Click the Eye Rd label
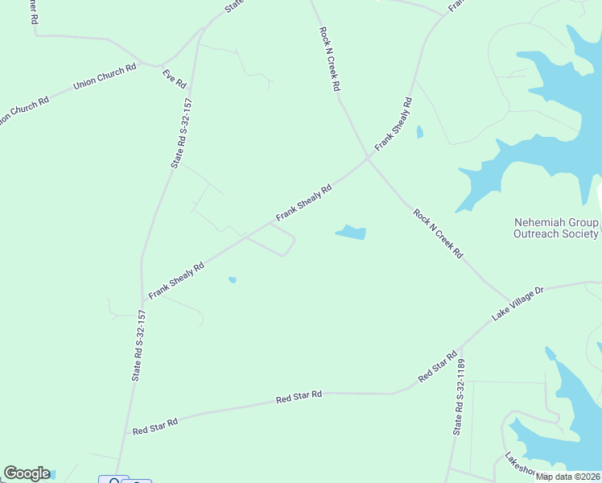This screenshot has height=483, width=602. [175, 79]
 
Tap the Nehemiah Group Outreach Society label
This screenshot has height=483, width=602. [556, 228]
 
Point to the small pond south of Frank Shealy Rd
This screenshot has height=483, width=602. [233, 280]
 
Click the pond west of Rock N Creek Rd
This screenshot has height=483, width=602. [351, 233]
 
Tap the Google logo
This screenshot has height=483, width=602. [27, 473]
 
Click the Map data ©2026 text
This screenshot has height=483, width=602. [567, 477]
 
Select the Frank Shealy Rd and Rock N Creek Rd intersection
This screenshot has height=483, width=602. [369, 158]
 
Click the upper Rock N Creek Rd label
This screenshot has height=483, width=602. [328, 58]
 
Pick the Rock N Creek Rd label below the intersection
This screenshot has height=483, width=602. [439, 233]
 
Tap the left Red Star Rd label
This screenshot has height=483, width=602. [155, 426]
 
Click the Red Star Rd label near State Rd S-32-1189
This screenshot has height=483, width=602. [438, 366]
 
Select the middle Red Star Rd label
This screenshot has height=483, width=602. [299, 397]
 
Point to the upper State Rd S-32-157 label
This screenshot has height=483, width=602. [180, 133]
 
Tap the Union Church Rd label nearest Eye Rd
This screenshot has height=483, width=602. [105, 77]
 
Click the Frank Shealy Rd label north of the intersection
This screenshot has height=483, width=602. [394, 122]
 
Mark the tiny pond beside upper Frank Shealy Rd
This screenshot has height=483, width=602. [419, 132]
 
